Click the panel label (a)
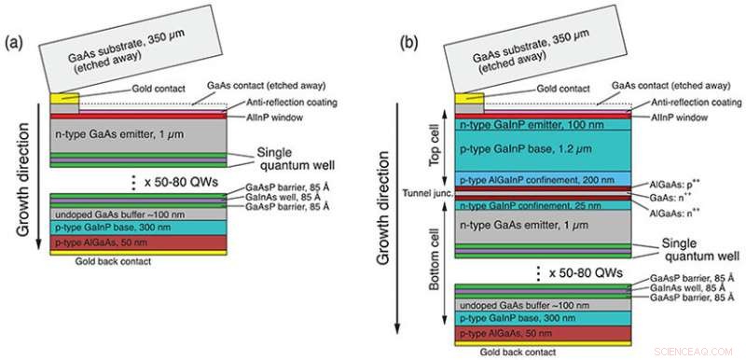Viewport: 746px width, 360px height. (15, 45)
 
